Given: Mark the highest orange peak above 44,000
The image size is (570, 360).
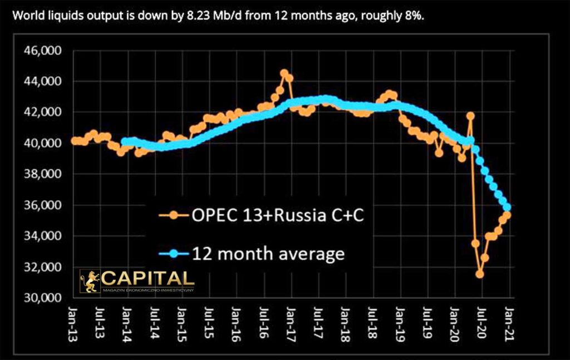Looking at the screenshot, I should [284, 73].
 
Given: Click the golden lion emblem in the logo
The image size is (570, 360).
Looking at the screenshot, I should [90, 281].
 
